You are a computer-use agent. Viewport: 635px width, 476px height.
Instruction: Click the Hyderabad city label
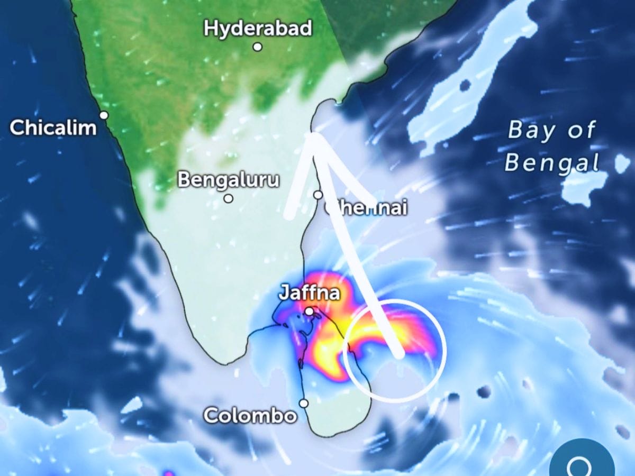[258, 28]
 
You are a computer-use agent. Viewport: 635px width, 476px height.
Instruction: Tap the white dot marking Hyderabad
[257, 47]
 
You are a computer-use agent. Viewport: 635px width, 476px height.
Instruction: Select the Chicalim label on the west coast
[53, 127]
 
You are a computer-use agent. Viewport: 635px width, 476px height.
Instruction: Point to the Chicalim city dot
[104, 115]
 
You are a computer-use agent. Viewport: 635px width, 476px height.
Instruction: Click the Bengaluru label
[228, 180]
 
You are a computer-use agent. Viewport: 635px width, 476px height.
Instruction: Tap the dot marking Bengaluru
[228, 198]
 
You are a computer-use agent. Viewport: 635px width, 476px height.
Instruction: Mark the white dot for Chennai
[317, 195]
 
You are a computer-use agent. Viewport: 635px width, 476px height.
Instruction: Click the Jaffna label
[309, 293]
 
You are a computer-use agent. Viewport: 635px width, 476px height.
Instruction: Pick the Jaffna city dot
[309, 312]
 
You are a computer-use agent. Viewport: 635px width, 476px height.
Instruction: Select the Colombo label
[250, 415]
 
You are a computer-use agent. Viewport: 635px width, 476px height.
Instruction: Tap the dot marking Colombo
[304, 404]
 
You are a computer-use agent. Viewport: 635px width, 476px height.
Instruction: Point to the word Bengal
[552, 163]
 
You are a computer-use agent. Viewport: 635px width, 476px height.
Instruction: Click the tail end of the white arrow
[400, 353]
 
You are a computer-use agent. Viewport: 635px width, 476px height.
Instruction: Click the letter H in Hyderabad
[211, 28]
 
